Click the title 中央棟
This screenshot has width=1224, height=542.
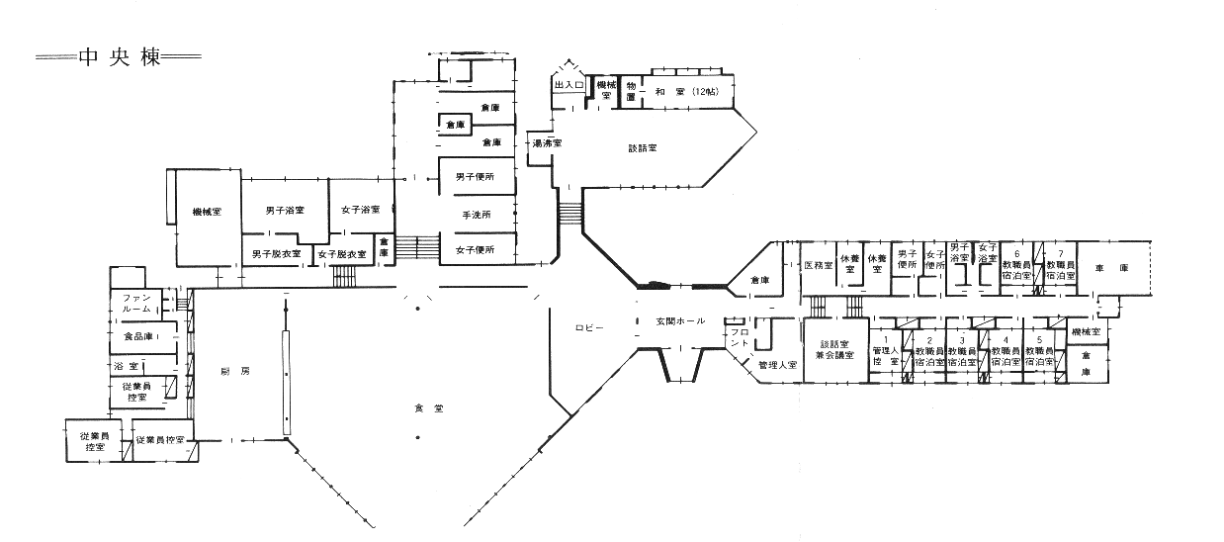[x=119, y=56]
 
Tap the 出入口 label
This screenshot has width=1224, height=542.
[x=568, y=86]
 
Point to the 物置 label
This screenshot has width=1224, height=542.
[x=629, y=92]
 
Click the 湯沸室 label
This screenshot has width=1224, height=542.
[x=547, y=143]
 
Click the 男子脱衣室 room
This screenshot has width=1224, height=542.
[x=277, y=254]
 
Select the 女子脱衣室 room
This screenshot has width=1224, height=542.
[x=342, y=254]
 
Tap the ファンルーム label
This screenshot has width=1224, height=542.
[x=135, y=303]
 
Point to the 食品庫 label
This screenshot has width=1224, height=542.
[x=136, y=336]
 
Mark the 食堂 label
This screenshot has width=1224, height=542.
[x=426, y=406]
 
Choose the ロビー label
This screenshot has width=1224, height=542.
[x=590, y=326]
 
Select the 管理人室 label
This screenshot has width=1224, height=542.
[x=777, y=365]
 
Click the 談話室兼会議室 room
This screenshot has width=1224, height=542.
[x=834, y=348]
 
